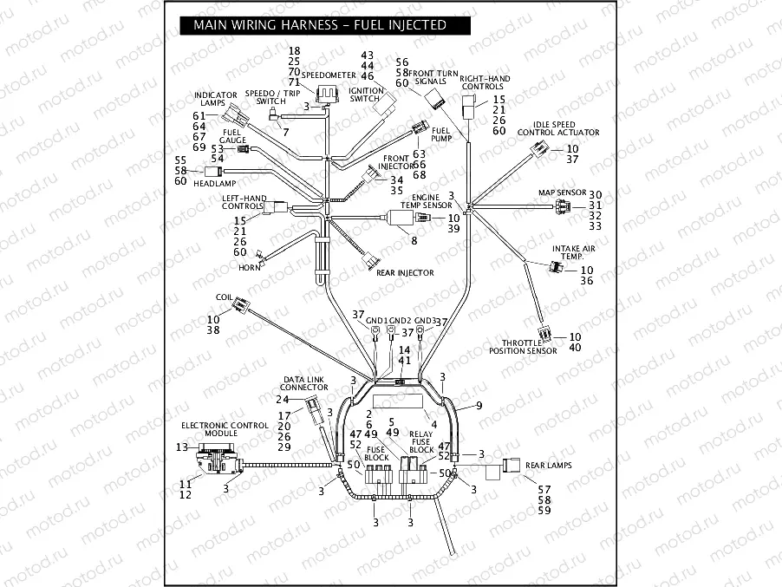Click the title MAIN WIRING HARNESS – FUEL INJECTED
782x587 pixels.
click(x=320, y=25)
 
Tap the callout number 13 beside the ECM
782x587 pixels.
click(x=180, y=447)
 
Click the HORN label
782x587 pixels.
click(x=250, y=268)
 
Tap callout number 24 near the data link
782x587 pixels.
click(x=282, y=400)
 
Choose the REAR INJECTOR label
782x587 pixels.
click(x=405, y=272)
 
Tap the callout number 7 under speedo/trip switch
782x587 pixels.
click(x=285, y=131)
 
